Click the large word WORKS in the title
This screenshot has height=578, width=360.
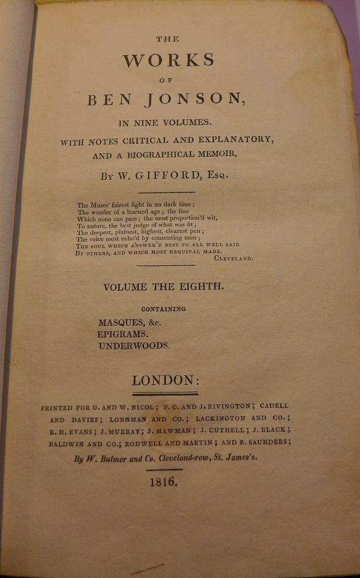(169, 60)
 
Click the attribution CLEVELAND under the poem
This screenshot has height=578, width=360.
(233, 258)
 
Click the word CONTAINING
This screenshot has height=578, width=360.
(163, 309)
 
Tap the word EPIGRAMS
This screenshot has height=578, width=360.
(123, 334)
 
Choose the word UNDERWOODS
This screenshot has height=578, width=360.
(134, 346)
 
